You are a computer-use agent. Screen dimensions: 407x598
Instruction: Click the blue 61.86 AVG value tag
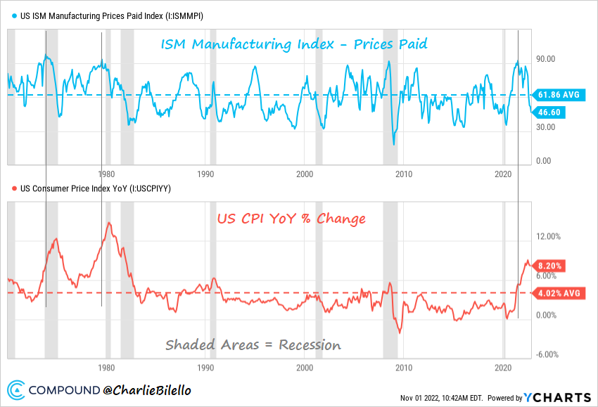pyautogui.click(x=560, y=94)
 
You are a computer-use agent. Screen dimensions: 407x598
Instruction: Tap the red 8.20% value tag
pyautogui.click(x=558, y=266)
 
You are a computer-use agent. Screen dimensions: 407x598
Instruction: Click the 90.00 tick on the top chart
pyautogui.click(x=546, y=59)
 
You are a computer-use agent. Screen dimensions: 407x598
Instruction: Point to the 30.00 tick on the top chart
pyautogui.click(x=546, y=127)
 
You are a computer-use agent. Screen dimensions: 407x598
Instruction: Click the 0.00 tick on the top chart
pyautogui.click(x=544, y=161)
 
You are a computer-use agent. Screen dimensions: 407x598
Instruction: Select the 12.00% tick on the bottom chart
pyautogui.click(x=549, y=237)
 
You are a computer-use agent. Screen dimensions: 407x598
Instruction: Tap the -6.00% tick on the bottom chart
pyautogui.click(x=549, y=355)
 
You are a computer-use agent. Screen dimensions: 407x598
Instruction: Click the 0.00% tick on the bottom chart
pyautogui.click(x=547, y=316)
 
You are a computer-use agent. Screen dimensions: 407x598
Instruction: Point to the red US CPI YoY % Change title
pyautogui.click(x=290, y=219)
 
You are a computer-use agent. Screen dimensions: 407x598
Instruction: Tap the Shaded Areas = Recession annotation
pyautogui.click(x=253, y=345)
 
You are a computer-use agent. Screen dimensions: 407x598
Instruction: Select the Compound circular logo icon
pyautogui.click(x=18, y=389)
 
